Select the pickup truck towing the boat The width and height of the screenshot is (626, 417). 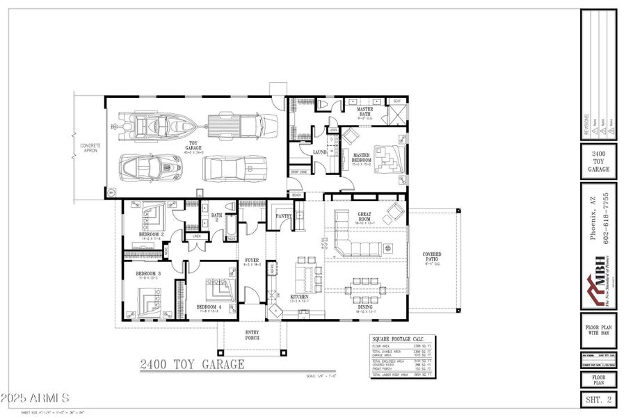coord(237,126)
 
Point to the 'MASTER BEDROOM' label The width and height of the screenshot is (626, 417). coord(362,158)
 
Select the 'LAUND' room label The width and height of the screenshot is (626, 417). coord(320,152)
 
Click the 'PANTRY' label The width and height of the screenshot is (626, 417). coord(284,216)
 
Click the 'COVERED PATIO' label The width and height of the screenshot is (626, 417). coord(432,257)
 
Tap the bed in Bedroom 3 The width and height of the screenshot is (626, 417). coord(148,300)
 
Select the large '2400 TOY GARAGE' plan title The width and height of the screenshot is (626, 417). coord(192,363)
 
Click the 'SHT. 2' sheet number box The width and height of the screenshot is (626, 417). coord(598,399)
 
